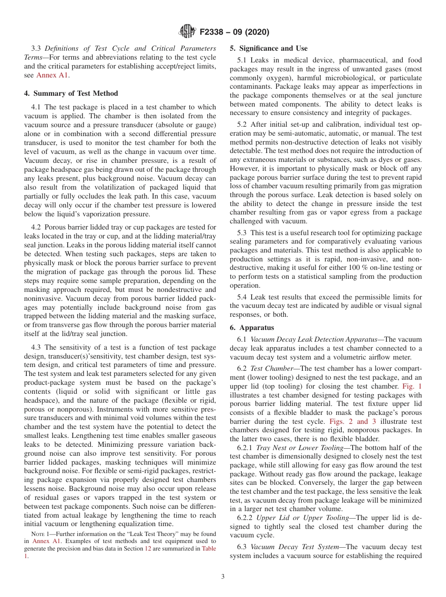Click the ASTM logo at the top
(x=188, y=32)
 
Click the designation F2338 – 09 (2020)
(x=234, y=32)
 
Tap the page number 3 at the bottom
(x=223, y=577)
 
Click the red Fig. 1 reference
(x=413, y=386)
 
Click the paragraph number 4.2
(x=37, y=227)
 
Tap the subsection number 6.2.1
(x=246, y=448)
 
